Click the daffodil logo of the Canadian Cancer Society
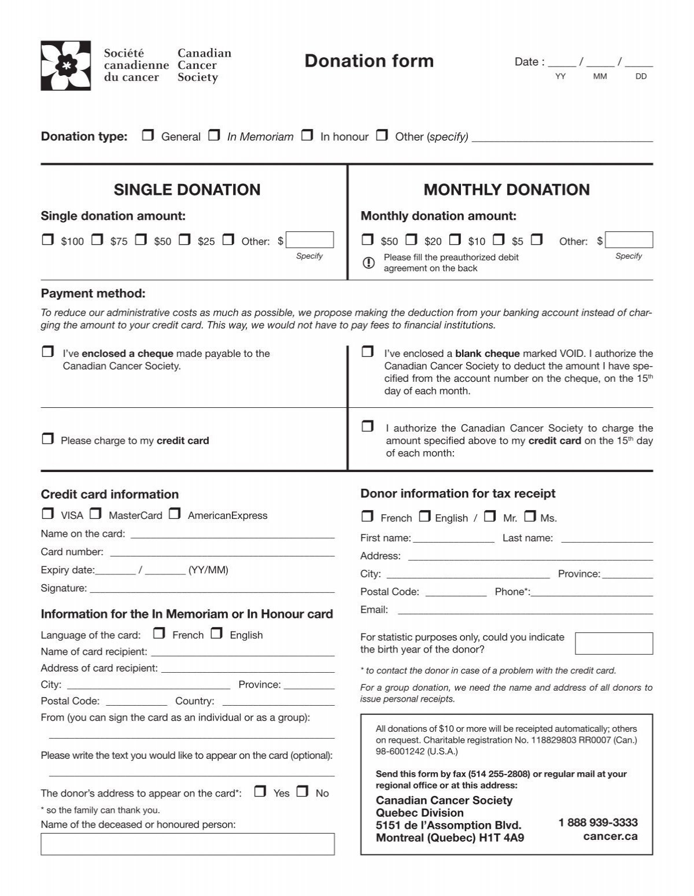65,65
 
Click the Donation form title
369,61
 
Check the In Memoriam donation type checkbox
215,135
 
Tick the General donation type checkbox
149,135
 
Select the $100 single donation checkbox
48,239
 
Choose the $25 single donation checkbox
185,239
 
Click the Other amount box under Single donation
310,240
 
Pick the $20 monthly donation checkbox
412,239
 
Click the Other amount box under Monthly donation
629,240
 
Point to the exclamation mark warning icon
368,263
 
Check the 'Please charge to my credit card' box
48,439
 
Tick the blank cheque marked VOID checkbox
367,352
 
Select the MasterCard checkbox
96,514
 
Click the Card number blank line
222,552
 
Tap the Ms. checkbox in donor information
530,517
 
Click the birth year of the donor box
614,643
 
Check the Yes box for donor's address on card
261,792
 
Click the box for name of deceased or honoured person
187,844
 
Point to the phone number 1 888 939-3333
598,823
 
